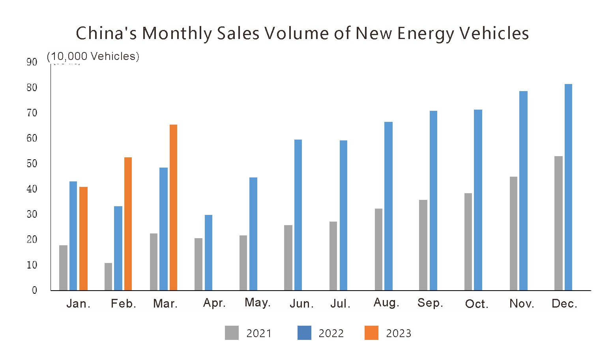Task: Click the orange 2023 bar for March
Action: pyautogui.click(x=173, y=207)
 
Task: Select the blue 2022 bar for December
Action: pyautogui.click(x=568, y=187)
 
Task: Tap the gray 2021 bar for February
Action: pyautogui.click(x=108, y=276)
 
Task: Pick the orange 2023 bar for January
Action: pyautogui.click(x=83, y=239)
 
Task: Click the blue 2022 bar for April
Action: pyautogui.click(x=208, y=252)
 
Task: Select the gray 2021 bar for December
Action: pyautogui.click(x=558, y=223)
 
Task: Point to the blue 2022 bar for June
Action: pyautogui.click(x=298, y=215)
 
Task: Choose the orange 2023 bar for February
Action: pyautogui.click(x=128, y=224)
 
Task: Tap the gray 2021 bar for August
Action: pyautogui.click(x=378, y=249)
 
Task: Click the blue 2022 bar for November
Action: pyautogui.click(x=523, y=190)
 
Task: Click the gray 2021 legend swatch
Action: pyautogui.click(x=232, y=333)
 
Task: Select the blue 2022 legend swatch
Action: pyautogui.click(x=304, y=333)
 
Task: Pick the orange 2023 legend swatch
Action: pyautogui.click(x=371, y=333)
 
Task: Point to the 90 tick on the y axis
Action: pyautogui.click(x=32, y=62)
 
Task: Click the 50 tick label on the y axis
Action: pyautogui.click(x=32, y=164)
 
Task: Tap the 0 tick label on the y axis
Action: pyautogui.click(x=34, y=291)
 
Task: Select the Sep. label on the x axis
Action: pyautogui.click(x=430, y=303)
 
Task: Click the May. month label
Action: pyautogui.click(x=257, y=302)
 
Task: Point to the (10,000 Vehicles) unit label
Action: pyautogui.click(x=93, y=56)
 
